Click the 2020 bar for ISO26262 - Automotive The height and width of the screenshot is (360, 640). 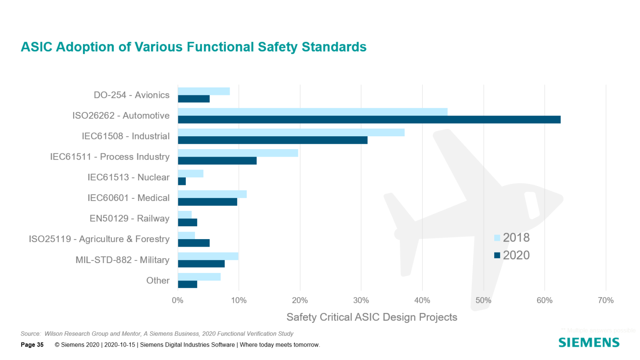[x=369, y=120]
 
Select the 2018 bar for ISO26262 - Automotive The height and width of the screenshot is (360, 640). [x=312, y=112]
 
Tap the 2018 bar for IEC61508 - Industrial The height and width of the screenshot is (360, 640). [x=291, y=132]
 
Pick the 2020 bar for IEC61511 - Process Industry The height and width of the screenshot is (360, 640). [x=217, y=161]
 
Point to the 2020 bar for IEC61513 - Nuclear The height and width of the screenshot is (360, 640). [x=182, y=181]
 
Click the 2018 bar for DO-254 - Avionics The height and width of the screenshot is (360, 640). [x=204, y=91]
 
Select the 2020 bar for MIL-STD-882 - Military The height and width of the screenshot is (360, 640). [x=201, y=264]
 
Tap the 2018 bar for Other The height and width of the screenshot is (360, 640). [x=199, y=277]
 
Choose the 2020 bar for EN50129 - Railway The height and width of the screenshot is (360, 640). [x=187, y=222]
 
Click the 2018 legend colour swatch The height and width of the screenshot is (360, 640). [x=497, y=238]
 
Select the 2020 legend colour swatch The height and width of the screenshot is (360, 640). [x=497, y=255]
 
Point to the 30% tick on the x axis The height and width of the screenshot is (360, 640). [x=361, y=300]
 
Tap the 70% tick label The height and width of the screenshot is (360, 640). [x=605, y=300]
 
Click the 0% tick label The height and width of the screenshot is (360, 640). [x=177, y=300]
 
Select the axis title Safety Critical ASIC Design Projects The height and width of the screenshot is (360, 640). [x=372, y=317]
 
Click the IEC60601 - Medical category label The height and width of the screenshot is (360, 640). [x=128, y=198]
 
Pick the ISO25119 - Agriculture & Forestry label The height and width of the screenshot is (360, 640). [x=99, y=239]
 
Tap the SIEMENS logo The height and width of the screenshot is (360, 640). [x=589, y=342]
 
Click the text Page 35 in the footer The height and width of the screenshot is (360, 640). [x=32, y=345]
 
